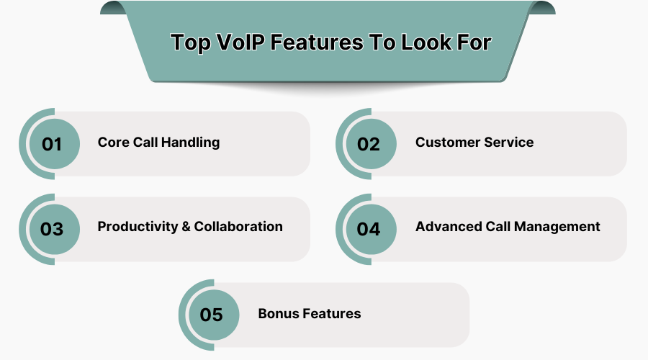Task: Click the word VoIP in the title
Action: (x=240, y=42)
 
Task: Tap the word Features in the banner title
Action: (x=317, y=42)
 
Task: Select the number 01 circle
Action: (x=54, y=144)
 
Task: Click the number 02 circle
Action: (x=371, y=144)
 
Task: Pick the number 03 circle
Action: (x=54, y=229)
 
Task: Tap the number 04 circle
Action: (x=371, y=229)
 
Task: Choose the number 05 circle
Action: (x=214, y=315)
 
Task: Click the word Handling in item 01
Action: (x=190, y=143)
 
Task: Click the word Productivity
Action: (x=138, y=227)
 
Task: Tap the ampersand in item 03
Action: (x=186, y=227)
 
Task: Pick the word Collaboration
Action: (x=238, y=227)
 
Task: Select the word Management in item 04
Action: (x=557, y=227)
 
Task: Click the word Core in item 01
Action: (x=114, y=142)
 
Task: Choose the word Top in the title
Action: (x=191, y=43)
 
